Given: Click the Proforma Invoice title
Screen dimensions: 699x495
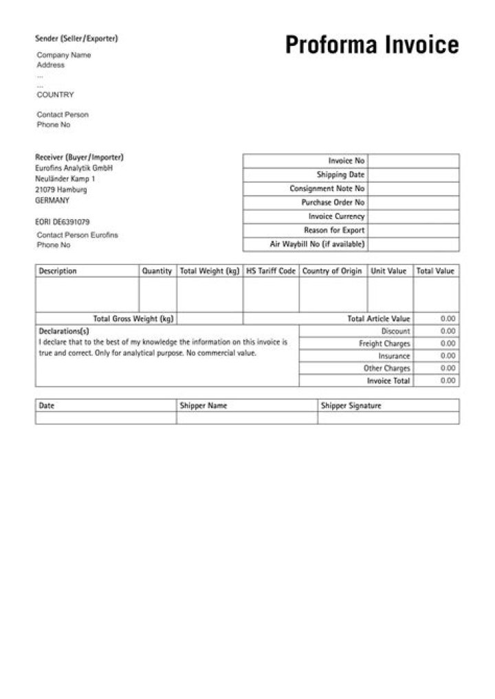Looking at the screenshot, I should click(x=372, y=45).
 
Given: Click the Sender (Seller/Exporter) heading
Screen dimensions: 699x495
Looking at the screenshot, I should click(x=76, y=38).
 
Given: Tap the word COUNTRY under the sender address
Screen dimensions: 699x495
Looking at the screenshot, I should click(x=55, y=95).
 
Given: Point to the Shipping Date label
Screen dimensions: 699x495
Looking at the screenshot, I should click(x=340, y=174).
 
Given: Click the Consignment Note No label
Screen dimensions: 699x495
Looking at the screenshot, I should click(x=327, y=188).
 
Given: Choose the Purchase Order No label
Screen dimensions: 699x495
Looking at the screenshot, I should click(x=333, y=203).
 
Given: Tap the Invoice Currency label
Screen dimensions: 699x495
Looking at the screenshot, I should click(x=336, y=216).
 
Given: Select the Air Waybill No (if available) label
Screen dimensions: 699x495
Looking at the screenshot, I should click(x=317, y=244).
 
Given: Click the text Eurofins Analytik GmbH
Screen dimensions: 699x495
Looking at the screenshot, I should click(x=74, y=168).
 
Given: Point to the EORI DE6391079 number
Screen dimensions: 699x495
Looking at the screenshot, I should click(x=62, y=222).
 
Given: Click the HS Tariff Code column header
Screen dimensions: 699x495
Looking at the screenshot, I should click(x=271, y=271).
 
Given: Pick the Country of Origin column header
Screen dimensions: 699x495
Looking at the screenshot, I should click(x=332, y=271).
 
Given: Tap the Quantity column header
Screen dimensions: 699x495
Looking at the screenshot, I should click(x=157, y=271).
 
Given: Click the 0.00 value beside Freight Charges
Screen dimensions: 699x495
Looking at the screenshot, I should click(x=448, y=343).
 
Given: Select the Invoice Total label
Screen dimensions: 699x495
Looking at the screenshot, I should click(x=388, y=380).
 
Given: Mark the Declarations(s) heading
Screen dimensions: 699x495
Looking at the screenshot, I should click(x=64, y=331).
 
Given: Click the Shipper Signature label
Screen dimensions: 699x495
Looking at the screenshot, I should click(x=351, y=406).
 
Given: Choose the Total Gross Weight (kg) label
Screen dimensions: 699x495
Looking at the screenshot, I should click(x=133, y=319).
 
